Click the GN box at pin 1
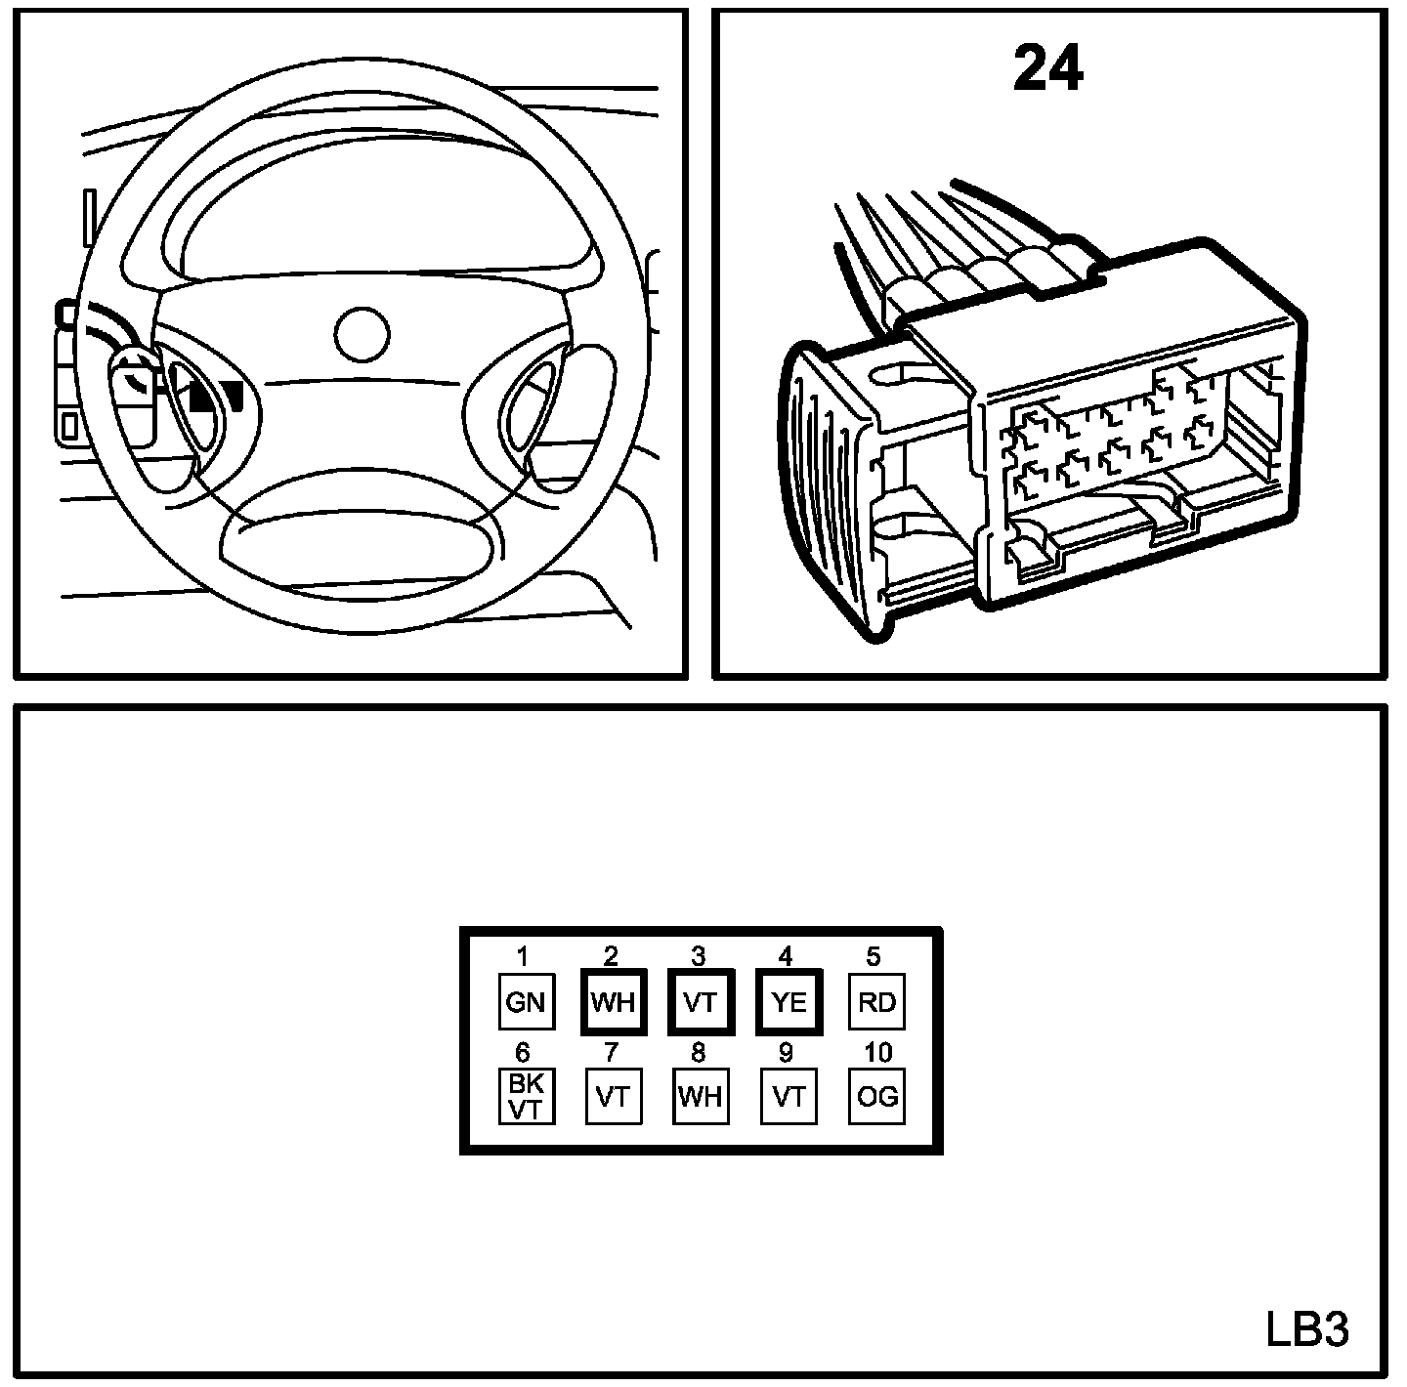coord(526,1002)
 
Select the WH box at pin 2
coord(613,1002)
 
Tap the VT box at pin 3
coord(701,1002)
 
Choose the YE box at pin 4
coord(789,1002)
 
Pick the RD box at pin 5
coord(876,1002)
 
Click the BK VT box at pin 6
coord(526,1097)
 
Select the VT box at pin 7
coord(613,1097)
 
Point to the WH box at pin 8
coord(701,1097)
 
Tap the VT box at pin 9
coord(789,1097)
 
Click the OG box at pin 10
coord(876,1097)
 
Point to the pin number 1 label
coord(524,955)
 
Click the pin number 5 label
coord(874,955)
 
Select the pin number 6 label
coord(524,1052)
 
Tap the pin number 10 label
coord(876,1052)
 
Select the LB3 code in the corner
coord(1307,1329)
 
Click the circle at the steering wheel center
coord(362,334)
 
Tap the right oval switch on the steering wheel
coord(533,402)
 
